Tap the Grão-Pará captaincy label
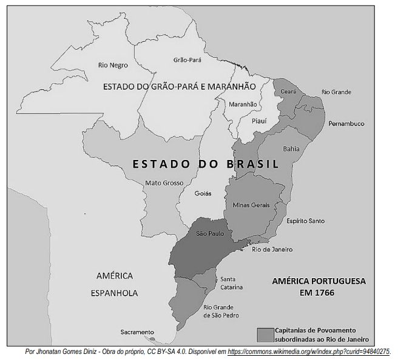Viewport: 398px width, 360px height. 187,60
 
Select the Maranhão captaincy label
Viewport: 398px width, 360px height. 243,104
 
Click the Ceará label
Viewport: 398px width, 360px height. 288,91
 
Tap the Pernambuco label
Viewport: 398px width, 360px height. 346,123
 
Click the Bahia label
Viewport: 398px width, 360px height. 291,148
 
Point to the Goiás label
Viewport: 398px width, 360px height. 203,193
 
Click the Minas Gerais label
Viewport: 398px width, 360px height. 251,205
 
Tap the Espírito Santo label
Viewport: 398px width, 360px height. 305,221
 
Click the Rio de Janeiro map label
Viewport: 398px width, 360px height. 272,249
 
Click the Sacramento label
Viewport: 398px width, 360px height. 137,332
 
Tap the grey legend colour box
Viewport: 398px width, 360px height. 265,335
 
